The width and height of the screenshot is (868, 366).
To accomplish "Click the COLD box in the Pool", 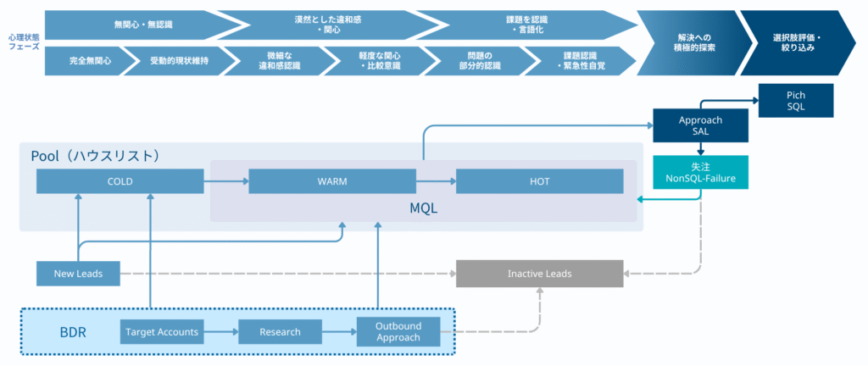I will coord(120,181).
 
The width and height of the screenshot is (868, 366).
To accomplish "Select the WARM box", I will coord(332,181).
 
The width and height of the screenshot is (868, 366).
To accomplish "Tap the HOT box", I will coord(539,181).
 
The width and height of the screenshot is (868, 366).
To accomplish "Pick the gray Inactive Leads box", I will coord(539,274).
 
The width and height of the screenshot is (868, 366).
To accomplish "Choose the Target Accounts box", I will coord(161,331).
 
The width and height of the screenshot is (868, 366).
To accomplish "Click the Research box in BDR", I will coord(281,331).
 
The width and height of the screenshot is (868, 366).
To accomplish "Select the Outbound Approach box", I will coord(398,331).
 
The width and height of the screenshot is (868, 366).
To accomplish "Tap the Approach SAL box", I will coord(700,126).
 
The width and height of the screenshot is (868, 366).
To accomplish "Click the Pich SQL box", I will coord(796,101).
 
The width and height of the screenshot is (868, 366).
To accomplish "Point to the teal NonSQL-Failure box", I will coord(700,174).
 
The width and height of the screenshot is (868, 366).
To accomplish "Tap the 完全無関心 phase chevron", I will coord(90,61).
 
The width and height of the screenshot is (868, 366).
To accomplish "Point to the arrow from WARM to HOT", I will coord(436,181).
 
